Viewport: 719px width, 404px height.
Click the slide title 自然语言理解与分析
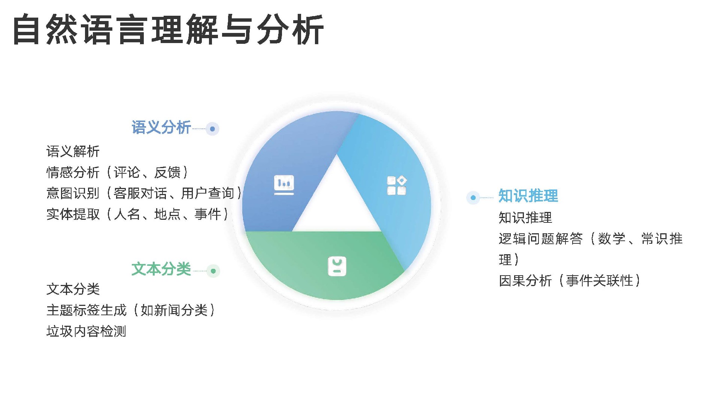point(168,30)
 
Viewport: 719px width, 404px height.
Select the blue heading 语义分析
point(161,127)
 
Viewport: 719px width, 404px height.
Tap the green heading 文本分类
point(161,269)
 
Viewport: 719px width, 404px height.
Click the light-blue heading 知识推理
point(528,196)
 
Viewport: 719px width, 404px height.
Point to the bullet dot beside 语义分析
point(212,129)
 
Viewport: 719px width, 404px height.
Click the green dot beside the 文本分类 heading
point(213,271)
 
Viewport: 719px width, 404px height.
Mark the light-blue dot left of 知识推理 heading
point(473,197)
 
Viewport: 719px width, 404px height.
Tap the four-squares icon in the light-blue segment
point(397,185)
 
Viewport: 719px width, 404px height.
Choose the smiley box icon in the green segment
point(337,266)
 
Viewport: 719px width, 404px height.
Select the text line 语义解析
point(73,152)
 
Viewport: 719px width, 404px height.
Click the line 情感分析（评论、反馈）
point(117,173)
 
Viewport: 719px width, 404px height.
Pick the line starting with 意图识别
point(144,194)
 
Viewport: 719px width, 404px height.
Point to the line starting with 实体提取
point(137,215)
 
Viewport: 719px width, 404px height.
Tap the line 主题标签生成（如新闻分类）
point(130,310)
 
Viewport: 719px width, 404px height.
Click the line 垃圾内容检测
point(86,331)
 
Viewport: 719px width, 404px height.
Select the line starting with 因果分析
point(569,280)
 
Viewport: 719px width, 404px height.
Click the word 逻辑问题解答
point(541,239)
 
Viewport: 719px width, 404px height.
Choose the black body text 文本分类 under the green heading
point(73,289)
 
